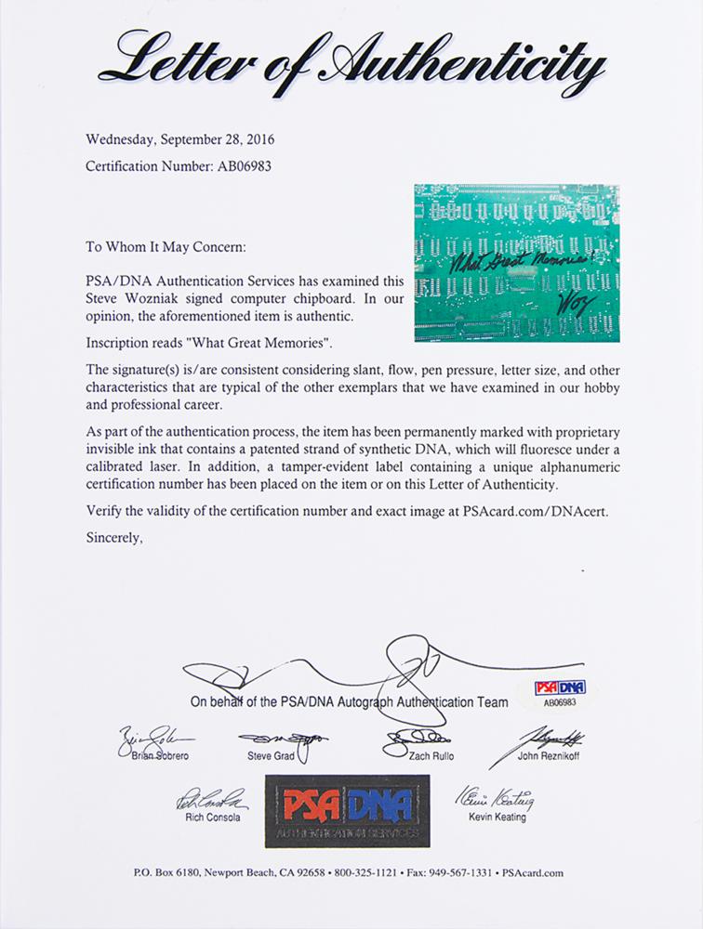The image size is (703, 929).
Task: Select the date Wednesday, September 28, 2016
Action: point(180,141)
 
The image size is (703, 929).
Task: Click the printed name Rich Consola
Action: point(205,818)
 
